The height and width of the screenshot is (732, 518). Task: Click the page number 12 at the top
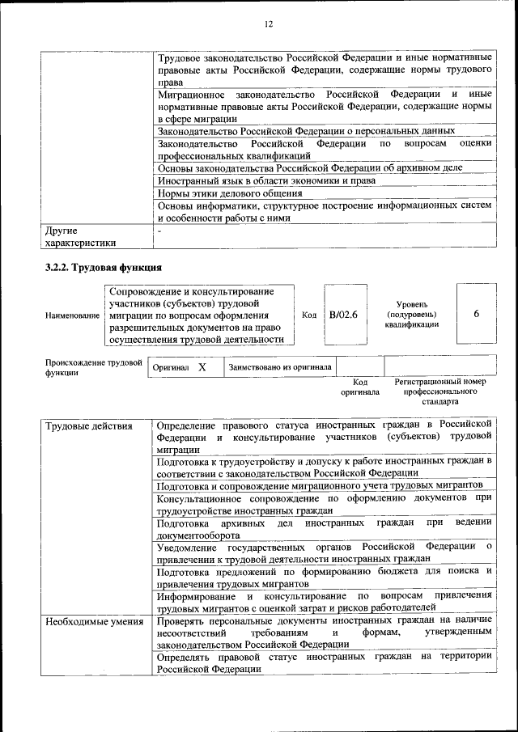point(268,24)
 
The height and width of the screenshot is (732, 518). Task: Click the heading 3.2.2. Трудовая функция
point(104,267)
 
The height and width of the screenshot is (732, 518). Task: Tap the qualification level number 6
point(477,314)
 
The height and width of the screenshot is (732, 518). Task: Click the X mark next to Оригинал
point(202,367)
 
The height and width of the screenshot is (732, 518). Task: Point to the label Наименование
point(73,315)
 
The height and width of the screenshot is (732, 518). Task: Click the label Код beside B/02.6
point(308,315)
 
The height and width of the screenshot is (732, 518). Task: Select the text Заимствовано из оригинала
point(280,367)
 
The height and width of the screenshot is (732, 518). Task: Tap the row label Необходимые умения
point(94,622)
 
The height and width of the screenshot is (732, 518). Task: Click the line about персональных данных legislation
point(306,130)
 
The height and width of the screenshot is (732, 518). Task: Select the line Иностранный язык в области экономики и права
point(266,180)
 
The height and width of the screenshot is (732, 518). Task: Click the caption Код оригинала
point(361,387)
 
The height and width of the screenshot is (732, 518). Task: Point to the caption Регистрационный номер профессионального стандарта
point(440,391)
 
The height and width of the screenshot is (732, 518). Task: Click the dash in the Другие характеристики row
point(160,231)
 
